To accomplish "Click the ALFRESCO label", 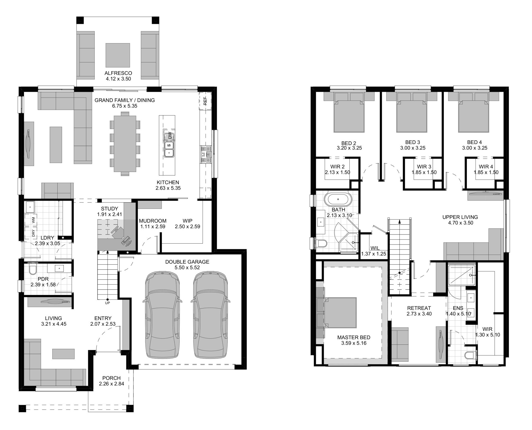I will click(x=118, y=73).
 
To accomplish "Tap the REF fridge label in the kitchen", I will click(x=205, y=102).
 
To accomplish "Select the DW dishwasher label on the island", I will click(x=170, y=136).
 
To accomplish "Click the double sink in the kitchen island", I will click(x=169, y=149).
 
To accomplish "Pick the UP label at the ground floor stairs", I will click(x=107, y=303).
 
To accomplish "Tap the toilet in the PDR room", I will click(x=32, y=270).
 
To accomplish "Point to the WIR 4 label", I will click(x=486, y=167).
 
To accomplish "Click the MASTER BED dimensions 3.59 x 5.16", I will click(x=354, y=343).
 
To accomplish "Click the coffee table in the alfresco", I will click(x=118, y=57).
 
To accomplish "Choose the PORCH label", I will click(x=111, y=378).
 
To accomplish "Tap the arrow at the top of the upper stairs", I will click(x=399, y=222).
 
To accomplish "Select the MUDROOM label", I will click(x=153, y=221).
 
